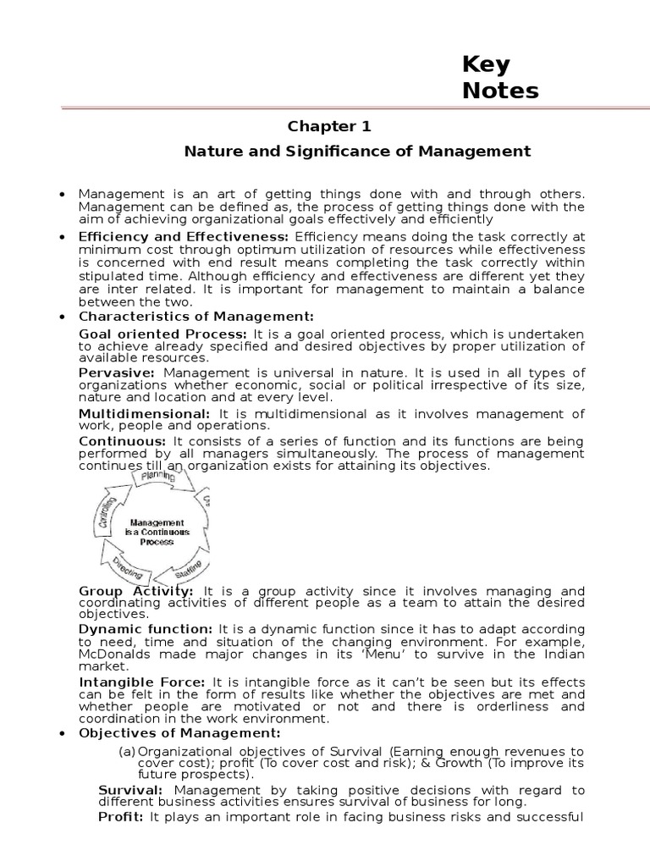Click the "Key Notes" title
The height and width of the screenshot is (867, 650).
coord(500,78)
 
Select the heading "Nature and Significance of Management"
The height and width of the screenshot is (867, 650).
coord(357,152)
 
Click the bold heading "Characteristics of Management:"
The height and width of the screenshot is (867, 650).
coord(196,316)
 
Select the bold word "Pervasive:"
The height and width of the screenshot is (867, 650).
coord(117,373)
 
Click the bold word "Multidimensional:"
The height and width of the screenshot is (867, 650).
coord(144,413)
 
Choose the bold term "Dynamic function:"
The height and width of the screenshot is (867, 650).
coord(146,629)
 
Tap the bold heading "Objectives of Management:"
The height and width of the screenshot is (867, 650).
coord(179,732)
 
